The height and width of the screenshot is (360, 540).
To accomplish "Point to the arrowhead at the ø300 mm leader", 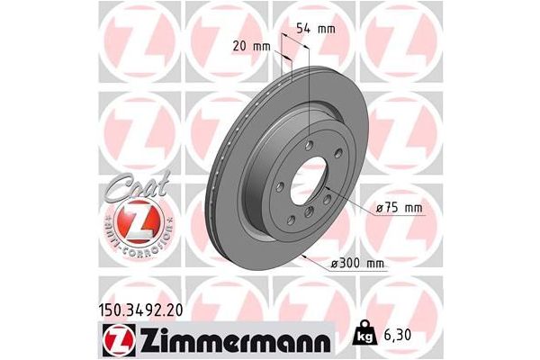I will click(306, 258).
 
